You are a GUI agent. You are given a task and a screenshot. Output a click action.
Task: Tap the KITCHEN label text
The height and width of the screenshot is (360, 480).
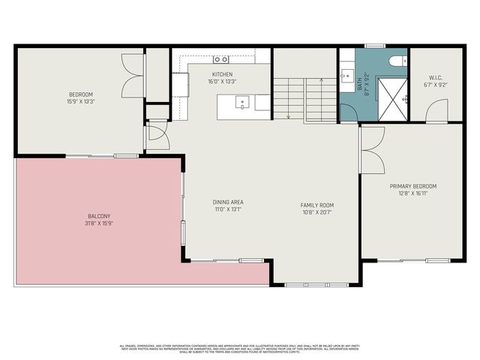222,74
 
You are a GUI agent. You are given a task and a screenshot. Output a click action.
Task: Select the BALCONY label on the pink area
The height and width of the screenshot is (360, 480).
98,216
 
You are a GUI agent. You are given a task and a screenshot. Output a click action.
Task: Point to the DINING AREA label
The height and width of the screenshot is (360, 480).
228,202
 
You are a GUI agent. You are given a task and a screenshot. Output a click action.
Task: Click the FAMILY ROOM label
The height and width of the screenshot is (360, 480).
317,205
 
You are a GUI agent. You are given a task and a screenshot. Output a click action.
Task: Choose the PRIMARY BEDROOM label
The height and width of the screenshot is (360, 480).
412,186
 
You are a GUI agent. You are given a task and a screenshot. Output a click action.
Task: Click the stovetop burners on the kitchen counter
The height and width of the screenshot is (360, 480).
220,58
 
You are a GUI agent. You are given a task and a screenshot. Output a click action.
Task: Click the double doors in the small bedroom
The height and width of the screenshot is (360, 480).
134,76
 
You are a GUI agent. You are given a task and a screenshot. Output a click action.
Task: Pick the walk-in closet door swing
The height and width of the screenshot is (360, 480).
436,111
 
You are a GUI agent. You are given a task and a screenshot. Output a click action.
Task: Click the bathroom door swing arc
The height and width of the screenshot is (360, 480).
348,111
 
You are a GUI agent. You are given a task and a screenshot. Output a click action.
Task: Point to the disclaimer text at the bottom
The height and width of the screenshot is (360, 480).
239,348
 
